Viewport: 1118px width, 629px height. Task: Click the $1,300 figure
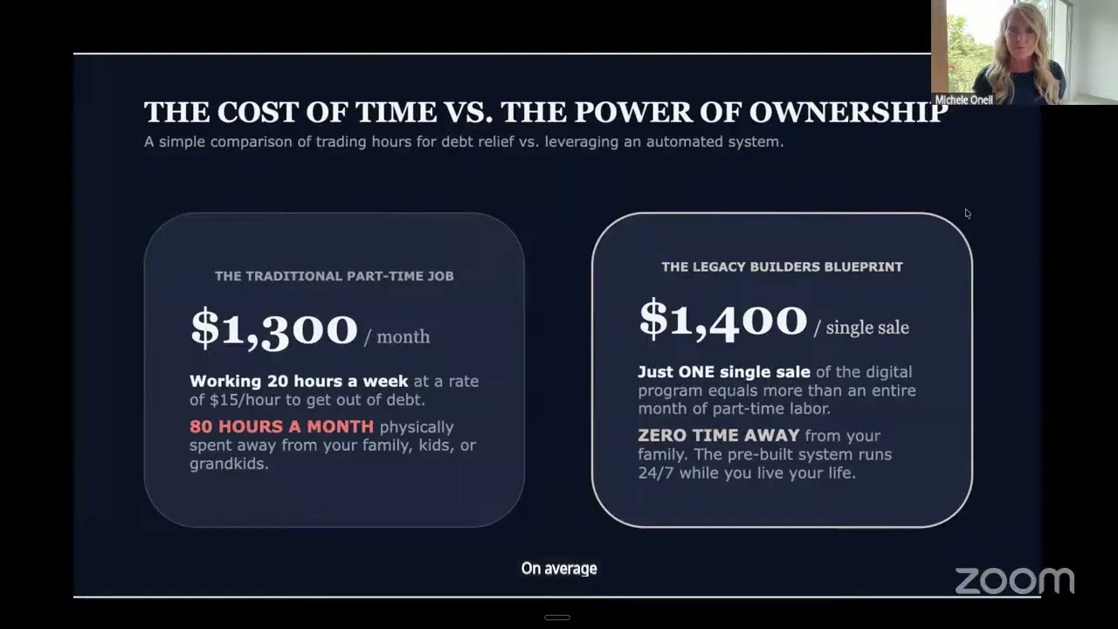(x=274, y=329)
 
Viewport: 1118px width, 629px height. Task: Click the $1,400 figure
(x=723, y=320)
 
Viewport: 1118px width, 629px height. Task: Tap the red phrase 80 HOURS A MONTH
(x=281, y=426)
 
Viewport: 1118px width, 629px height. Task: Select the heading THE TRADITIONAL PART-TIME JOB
(x=334, y=276)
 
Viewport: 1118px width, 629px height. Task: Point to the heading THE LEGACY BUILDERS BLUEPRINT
(x=782, y=266)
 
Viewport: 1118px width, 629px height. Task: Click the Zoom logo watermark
(x=1014, y=581)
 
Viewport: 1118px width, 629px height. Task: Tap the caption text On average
(x=559, y=569)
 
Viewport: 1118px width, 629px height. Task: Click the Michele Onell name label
(x=963, y=100)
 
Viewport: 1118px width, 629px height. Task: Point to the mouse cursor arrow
(x=968, y=214)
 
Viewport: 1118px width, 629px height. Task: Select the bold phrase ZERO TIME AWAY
(x=719, y=435)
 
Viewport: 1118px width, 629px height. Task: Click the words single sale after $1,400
(x=867, y=328)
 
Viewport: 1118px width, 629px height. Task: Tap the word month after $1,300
(x=404, y=337)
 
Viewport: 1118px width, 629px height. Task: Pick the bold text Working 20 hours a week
(x=299, y=381)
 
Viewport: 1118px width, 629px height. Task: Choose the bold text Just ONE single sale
(x=724, y=372)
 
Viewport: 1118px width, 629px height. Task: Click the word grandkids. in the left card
(x=229, y=464)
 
